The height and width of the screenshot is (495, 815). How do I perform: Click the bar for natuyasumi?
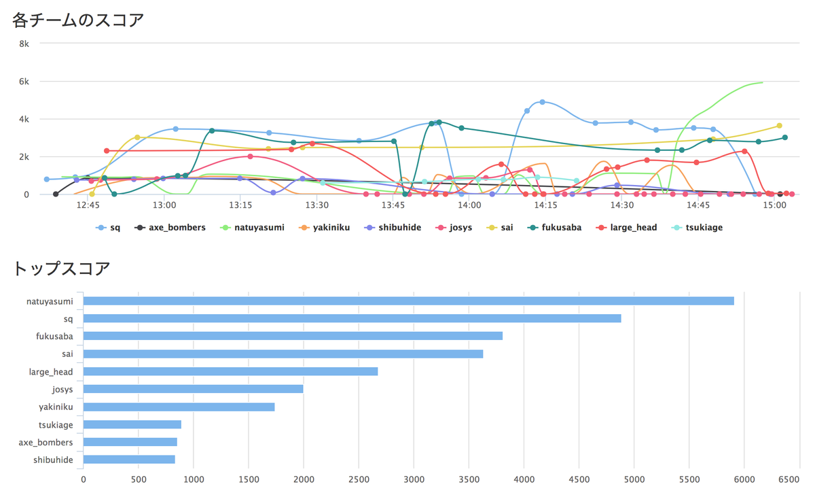[x=407, y=301]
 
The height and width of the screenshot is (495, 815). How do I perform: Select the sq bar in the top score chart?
[x=352, y=318]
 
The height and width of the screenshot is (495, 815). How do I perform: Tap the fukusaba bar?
[x=293, y=336]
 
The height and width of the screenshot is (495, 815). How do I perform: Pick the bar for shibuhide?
[x=129, y=460]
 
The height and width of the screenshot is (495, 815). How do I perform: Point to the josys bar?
[x=193, y=389]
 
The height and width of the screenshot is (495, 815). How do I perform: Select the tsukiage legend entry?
[x=703, y=228]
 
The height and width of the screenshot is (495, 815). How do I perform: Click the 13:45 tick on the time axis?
[x=393, y=205]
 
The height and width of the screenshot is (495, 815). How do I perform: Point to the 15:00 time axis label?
[x=774, y=205]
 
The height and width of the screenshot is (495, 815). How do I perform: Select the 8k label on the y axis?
[x=24, y=44]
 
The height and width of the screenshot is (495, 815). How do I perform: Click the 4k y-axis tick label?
[x=24, y=119]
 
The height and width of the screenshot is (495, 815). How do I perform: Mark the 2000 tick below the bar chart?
[x=303, y=479]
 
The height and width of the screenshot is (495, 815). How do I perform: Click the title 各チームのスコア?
[x=78, y=20]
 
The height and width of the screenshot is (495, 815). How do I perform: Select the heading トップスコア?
[x=61, y=268]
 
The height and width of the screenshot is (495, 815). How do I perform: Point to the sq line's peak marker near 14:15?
[x=542, y=102]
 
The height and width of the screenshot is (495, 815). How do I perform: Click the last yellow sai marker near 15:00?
[x=779, y=126]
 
